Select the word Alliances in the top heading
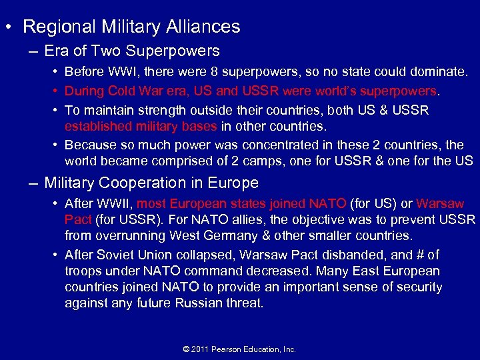[x=204, y=27]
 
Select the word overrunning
[x=127, y=235]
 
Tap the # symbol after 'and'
[x=419, y=255]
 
